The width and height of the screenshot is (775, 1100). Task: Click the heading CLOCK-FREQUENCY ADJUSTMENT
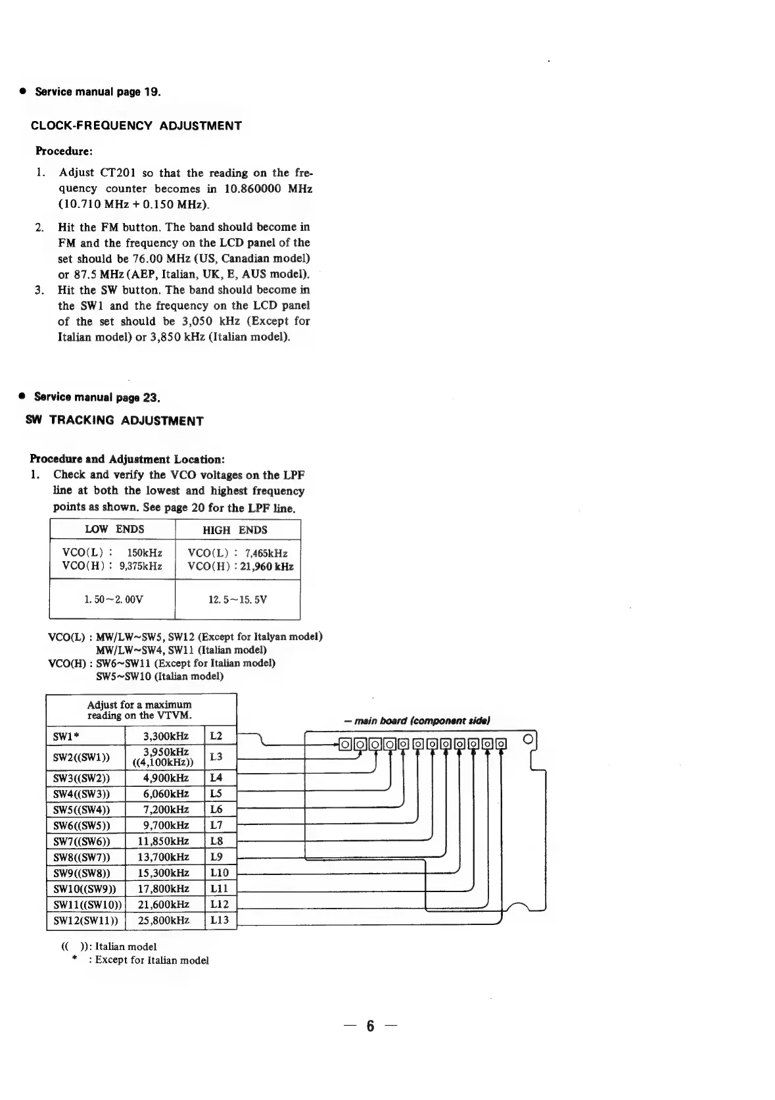point(136,126)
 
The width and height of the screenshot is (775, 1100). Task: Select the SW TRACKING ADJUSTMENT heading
point(114,420)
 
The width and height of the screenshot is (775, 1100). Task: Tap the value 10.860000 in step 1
point(250,189)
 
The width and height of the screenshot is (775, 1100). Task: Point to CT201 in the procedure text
point(118,173)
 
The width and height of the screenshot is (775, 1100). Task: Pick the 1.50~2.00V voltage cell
point(113,600)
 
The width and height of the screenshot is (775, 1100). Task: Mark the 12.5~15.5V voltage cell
point(237,600)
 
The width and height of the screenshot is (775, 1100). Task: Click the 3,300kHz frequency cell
point(166,736)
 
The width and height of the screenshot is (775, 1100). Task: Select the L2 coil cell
point(216,736)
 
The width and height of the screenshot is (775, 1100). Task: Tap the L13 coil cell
point(219,920)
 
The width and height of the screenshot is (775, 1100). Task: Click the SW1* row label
point(66,736)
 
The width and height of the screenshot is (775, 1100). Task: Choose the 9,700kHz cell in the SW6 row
point(166,826)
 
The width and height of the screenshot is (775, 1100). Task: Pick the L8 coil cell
point(216,841)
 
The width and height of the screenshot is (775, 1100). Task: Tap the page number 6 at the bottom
point(370,1026)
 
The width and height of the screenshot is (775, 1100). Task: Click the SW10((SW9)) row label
point(84,889)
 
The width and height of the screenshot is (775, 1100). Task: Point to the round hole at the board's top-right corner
point(527,737)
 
